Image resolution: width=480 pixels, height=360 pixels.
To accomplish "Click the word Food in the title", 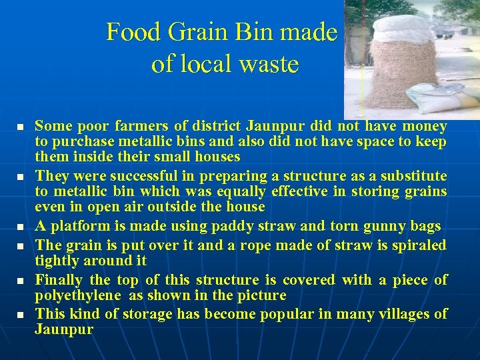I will (127, 32).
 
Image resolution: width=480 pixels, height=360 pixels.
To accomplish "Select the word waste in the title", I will (269, 64).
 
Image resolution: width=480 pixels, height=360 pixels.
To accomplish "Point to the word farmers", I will (142, 125).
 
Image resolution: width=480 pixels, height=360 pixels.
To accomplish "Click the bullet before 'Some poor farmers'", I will (21, 126).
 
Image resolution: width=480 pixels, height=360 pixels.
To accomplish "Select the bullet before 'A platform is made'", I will (21, 227).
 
